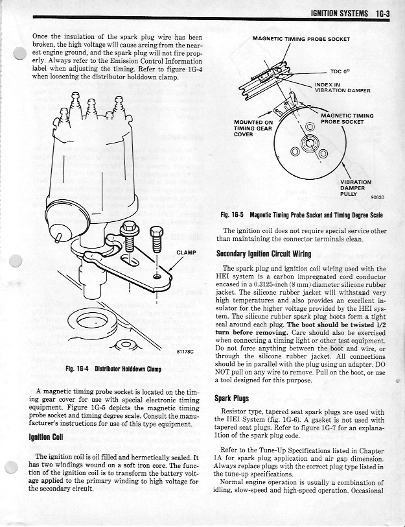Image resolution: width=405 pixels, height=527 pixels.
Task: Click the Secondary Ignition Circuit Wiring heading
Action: pyautogui.click(x=263, y=254)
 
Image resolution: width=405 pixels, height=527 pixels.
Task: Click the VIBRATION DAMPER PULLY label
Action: pyautogui.click(x=355, y=188)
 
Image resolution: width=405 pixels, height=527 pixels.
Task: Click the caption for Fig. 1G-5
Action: pyautogui.click(x=301, y=215)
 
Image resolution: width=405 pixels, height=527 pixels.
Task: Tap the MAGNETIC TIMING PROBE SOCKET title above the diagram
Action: pyautogui.click(x=301, y=39)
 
